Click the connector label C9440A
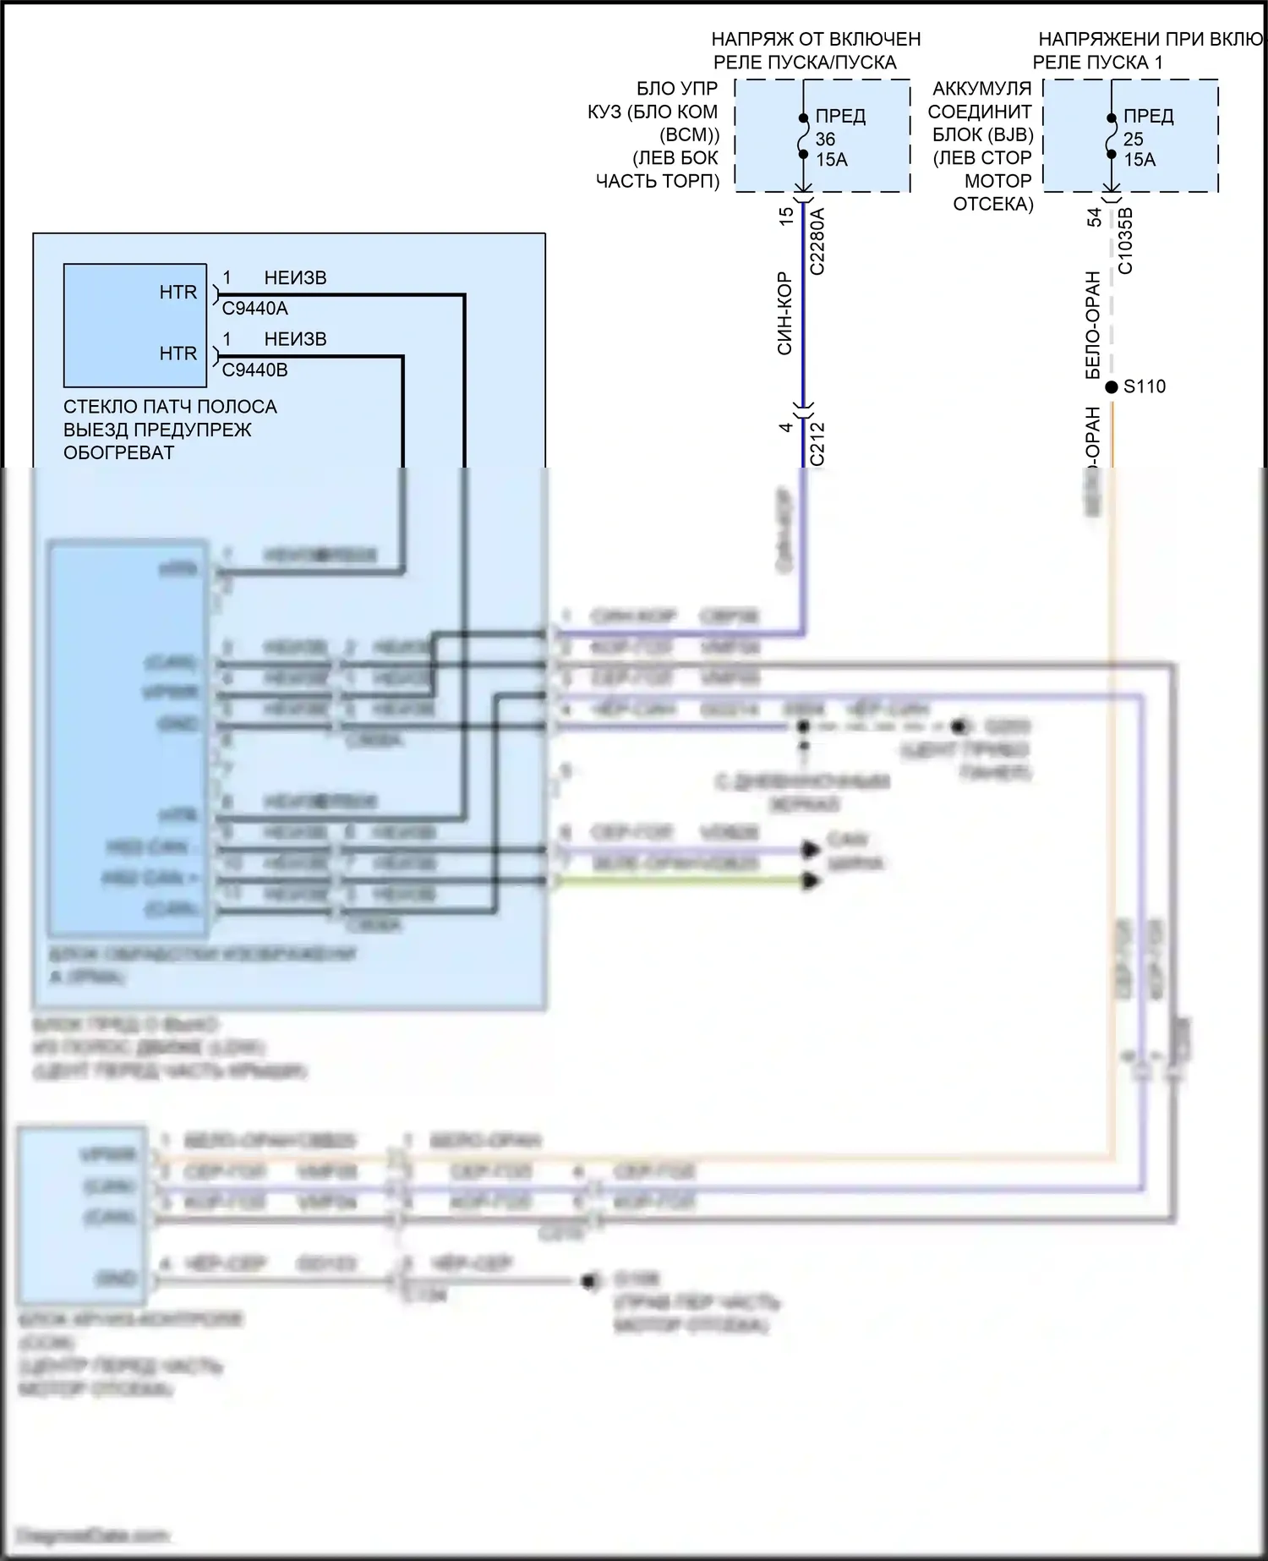254,309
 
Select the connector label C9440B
254,370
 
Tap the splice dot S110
1112,387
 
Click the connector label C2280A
817,242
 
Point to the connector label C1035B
1125,241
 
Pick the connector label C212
817,444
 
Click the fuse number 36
825,139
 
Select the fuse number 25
1133,139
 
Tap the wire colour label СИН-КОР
784,313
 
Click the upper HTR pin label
178,293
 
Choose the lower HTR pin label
178,353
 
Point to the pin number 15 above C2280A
786,216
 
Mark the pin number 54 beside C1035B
1095,217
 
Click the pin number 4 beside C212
786,427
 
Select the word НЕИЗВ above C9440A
295,278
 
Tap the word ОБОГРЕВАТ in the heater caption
118,452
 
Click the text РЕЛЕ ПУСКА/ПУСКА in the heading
804,63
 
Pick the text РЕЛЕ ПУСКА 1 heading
1097,63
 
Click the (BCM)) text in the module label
689,134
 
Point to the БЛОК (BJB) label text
982,134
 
